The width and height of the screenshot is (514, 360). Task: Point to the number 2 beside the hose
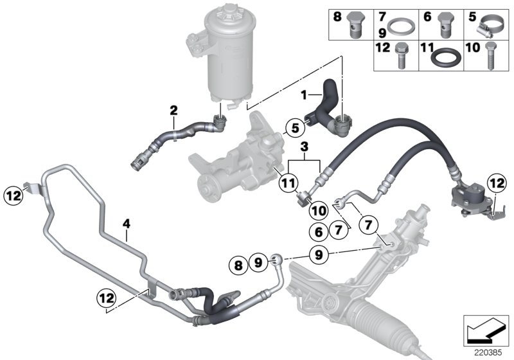tap(173, 110)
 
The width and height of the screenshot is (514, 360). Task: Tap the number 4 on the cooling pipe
tap(127, 224)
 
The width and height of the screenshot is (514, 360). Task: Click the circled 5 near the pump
tap(294, 128)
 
